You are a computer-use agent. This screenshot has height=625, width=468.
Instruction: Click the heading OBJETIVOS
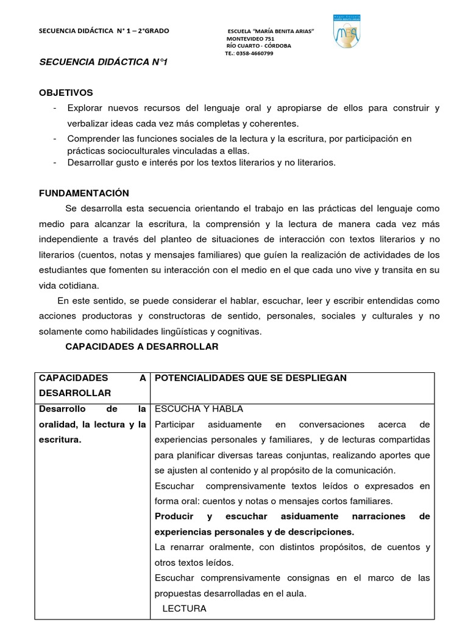point(66,93)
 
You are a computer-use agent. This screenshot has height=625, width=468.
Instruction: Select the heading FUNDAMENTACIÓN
point(84,193)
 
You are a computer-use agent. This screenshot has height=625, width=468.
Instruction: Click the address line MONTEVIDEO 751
point(250,38)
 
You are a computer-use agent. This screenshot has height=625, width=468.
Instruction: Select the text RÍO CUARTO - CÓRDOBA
point(258,46)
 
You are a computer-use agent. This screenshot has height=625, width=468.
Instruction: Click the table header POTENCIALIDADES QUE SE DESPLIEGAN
point(250,378)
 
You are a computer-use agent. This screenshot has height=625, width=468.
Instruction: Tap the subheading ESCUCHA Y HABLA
point(199,409)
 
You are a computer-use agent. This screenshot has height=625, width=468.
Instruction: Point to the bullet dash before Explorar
point(55,108)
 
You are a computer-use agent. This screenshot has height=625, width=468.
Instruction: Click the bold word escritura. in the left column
point(60,439)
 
